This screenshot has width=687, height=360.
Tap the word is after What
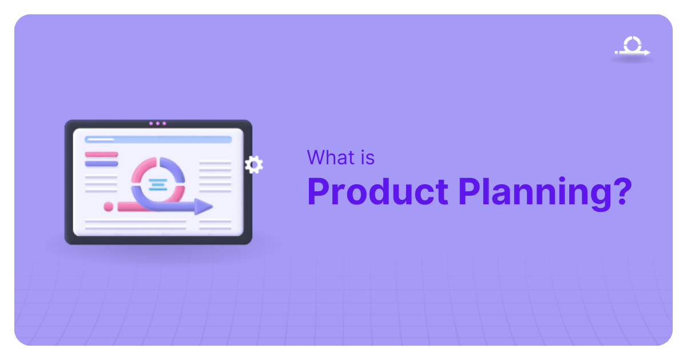coord(366,157)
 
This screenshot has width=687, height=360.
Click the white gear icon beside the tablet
coord(253,165)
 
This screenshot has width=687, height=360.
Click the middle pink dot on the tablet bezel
coord(157,123)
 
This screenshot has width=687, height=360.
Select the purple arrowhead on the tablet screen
coord(203,206)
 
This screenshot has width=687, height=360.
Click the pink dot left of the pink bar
coord(108,206)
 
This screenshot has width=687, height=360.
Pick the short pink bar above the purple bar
coord(101,154)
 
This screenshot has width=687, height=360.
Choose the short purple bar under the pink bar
coord(101,164)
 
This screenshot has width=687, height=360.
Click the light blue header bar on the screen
coord(158,139)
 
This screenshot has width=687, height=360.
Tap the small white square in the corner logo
coord(616,53)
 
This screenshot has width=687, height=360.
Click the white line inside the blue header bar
coord(100,139)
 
